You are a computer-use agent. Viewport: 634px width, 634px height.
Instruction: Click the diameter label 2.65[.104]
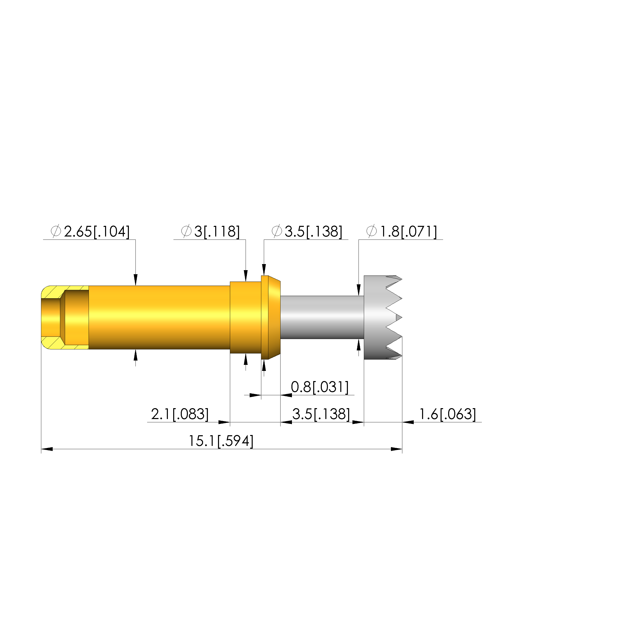coord(90,232)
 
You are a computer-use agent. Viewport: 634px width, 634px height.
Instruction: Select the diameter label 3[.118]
coord(210,232)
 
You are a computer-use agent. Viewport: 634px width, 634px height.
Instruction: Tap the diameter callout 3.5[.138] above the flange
coord(307,232)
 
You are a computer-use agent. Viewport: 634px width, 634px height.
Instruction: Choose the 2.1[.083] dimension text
coord(180,414)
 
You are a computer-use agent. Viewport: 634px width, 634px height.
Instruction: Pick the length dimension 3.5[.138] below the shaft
coord(321,414)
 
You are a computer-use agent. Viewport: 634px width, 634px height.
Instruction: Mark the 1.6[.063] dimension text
coord(448,414)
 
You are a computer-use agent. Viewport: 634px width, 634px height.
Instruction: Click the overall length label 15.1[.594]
coord(221,441)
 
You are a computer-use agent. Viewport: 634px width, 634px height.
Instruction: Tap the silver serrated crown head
coord(383,317)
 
